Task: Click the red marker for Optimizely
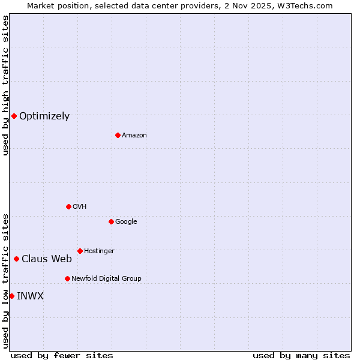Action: pos(14,116)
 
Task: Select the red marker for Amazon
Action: pos(118,135)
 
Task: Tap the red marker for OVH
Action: pos(68,206)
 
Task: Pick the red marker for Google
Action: pos(111,221)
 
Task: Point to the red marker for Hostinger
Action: pos(80,251)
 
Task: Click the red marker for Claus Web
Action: pos(16,259)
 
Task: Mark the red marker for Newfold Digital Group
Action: pos(67,278)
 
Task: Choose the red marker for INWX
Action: pos(11,296)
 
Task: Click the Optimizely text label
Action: pos(44,116)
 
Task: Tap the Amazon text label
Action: pos(134,136)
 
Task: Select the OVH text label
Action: pos(79,207)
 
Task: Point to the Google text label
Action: pos(126,222)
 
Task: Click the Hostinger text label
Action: pos(99,251)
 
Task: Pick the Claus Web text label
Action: pos(47,259)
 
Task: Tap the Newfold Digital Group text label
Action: pos(106,279)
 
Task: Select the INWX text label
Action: pos(30,296)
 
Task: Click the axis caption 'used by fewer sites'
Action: pos(62,355)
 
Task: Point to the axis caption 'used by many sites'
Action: pos(301,355)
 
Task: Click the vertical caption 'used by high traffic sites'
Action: pos(6,85)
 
